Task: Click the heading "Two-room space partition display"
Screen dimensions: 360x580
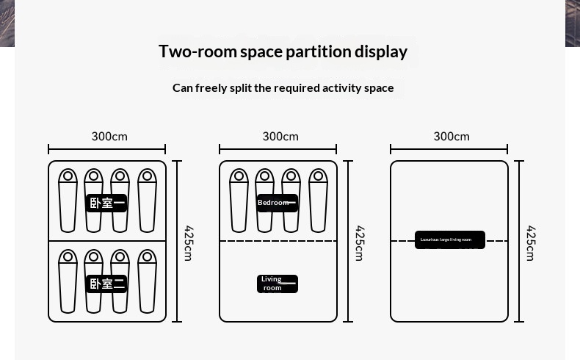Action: pyautogui.click(x=283, y=51)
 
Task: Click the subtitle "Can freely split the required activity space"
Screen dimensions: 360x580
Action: pyautogui.click(x=283, y=87)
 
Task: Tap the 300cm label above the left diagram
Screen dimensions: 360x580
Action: pyautogui.click(x=109, y=137)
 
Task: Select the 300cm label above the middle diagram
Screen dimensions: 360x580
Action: pyautogui.click(x=280, y=137)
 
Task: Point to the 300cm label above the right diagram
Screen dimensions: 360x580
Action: pyautogui.click(x=452, y=137)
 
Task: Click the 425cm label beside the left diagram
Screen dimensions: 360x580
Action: pyautogui.click(x=189, y=242)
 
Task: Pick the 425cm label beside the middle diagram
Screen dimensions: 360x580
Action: pyautogui.click(x=360, y=242)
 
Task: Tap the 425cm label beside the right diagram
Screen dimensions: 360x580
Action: pyautogui.click(x=531, y=242)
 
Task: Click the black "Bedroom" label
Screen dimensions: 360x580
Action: pyautogui.click(x=277, y=203)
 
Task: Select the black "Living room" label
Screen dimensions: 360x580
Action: pyautogui.click(x=277, y=284)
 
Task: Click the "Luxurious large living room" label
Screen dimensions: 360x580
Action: pyautogui.click(x=449, y=240)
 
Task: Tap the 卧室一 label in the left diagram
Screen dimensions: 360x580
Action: pyautogui.click(x=106, y=203)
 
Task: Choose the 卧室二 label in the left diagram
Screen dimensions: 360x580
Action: pyautogui.click(x=106, y=284)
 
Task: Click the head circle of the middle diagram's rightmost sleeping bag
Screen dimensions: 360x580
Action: pyautogui.click(x=318, y=176)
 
